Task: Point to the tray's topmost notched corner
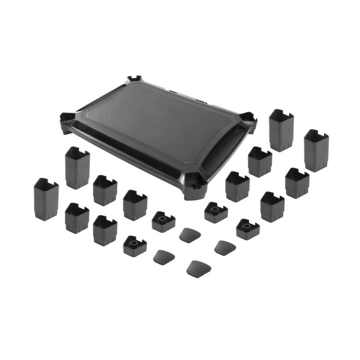(134, 80)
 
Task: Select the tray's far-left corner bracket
(67, 120)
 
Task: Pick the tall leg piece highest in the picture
(281, 130)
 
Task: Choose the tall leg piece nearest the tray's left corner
(77, 167)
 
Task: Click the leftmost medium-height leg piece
(77, 218)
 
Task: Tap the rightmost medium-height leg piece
(297, 183)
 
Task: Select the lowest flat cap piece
(198, 269)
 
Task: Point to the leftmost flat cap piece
(164, 257)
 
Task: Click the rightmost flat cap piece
(225, 247)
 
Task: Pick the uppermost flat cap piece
(190, 235)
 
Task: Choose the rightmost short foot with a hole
(248, 229)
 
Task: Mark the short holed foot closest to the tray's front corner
(216, 212)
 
